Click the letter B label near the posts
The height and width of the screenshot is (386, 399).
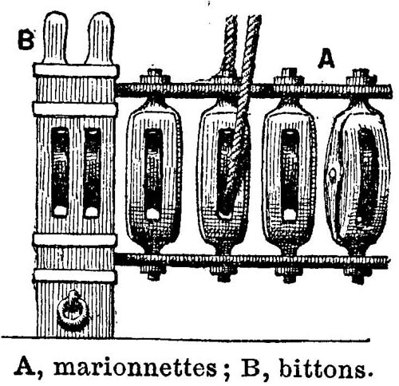pyautogui.click(x=26, y=41)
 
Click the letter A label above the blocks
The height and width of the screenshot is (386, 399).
pyautogui.click(x=326, y=58)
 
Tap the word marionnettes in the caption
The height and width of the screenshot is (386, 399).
pyautogui.click(x=135, y=368)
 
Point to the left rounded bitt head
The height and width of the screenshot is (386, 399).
pyautogui.click(x=56, y=38)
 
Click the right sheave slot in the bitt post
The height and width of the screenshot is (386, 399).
pyautogui.click(x=93, y=172)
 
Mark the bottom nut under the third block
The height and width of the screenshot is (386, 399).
pyautogui.click(x=289, y=274)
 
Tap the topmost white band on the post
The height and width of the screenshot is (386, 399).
pyautogui.click(x=76, y=70)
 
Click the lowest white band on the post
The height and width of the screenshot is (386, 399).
pyautogui.click(x=75, y=276)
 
